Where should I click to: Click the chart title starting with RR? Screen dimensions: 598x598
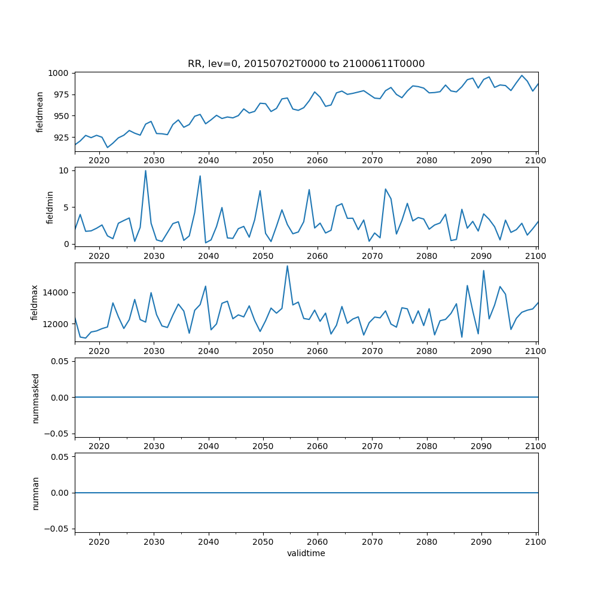point(306,64)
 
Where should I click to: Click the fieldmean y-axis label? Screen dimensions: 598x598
point(40,112)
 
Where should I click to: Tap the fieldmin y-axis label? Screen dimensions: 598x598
point(50,207)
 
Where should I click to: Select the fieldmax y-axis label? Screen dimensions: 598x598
point(35,302)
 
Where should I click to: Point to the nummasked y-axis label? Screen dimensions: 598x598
point(35,398)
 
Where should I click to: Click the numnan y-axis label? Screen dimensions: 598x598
point(35,493)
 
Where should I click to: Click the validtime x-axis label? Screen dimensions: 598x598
point(306,554)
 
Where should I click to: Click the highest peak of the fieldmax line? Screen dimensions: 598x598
point(287,266)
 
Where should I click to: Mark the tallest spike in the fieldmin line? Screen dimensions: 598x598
point(145,171)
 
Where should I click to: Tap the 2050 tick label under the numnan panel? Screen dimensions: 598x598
point(263,542)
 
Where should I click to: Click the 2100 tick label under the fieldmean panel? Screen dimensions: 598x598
point(536,161)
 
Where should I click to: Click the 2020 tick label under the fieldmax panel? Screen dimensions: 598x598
point(99,351)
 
